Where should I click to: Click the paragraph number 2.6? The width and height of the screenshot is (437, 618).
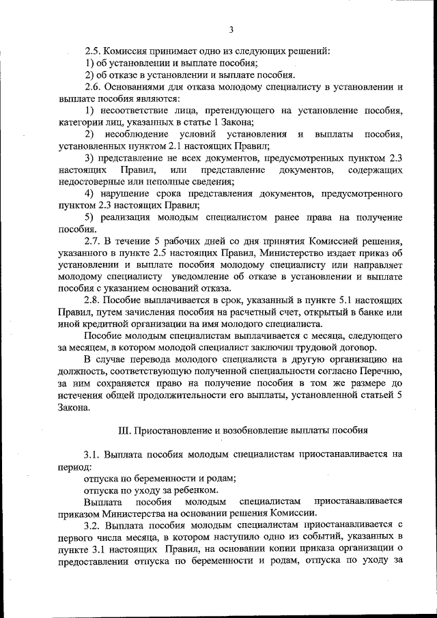[92, 87]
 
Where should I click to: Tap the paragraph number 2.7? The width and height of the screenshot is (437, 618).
[92, 242]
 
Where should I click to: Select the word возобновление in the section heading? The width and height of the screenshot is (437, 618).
[250, 430]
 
